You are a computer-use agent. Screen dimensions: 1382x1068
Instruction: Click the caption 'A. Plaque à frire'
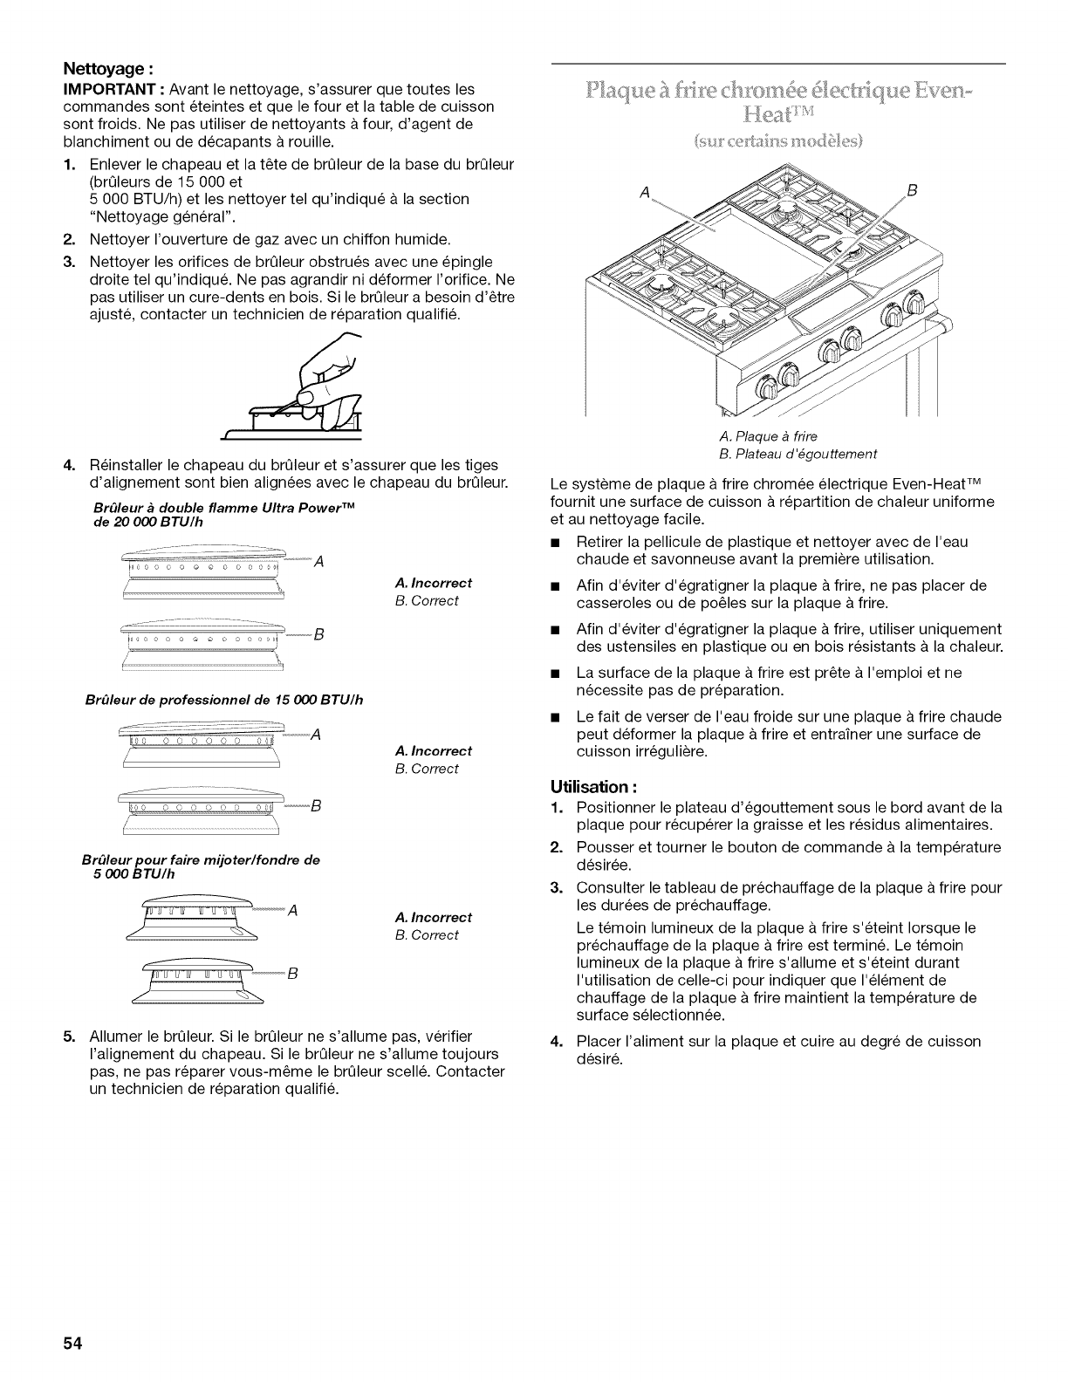pyautogui.click(x=769, y=436)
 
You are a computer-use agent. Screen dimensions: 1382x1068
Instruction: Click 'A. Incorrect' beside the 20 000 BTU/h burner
pyautogui.click(x=434, y=583)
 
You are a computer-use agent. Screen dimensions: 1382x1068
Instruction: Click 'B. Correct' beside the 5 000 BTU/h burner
pyautogui.click(x=427, y=934)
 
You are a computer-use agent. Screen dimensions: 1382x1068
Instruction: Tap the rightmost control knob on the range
pyautogui.click(x=914, y=304)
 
